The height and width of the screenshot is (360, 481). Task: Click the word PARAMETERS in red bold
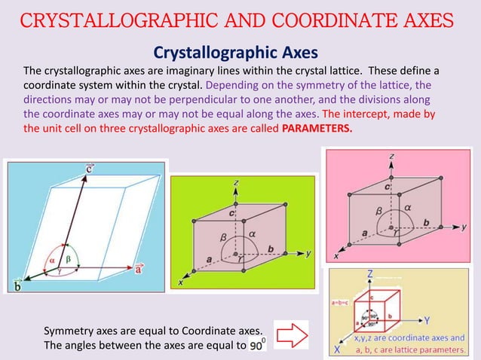[317, 127]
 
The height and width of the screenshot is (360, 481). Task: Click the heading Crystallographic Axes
[236, 52]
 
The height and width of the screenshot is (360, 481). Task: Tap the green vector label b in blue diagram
[17, 285]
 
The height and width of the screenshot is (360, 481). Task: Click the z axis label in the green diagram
[236, 182]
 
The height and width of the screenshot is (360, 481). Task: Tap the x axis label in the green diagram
[181, 282]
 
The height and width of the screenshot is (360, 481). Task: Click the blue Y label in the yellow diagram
[427, 320]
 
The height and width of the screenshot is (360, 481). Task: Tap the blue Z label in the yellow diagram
[369, 275]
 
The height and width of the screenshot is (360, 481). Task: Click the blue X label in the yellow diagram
[337, 349]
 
